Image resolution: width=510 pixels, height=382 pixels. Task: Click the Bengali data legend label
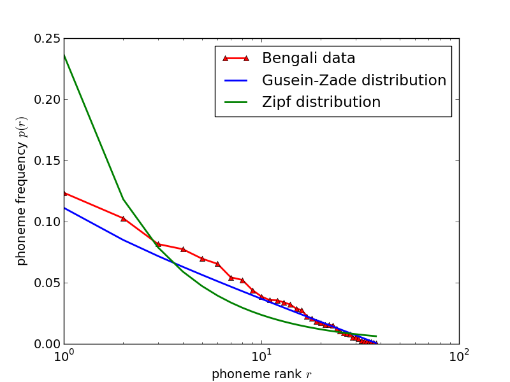pos(309,59)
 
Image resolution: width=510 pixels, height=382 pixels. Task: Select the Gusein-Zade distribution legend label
pos(354,81)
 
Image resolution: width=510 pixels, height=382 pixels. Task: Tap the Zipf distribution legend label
pos(321,103)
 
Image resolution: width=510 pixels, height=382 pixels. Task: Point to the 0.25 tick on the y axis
pos(48,39)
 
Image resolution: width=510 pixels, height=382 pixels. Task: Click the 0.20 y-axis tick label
pos(48,100)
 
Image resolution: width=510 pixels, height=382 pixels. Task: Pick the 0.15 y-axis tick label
pos(48,161)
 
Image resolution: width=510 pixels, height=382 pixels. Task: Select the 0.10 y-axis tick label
pos(48,222)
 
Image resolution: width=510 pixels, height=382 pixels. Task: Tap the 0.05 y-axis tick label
pos(48,283)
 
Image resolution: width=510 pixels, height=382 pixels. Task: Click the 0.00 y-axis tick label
pos(48,344)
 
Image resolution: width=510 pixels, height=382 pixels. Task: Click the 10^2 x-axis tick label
pos(459,357)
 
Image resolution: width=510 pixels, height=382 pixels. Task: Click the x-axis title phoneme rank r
pos(261,374)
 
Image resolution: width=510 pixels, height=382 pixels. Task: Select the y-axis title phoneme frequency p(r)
pos(22,191)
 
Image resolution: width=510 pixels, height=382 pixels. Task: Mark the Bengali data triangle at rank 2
pos(123,218)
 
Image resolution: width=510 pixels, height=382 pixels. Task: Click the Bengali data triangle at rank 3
pos(158,244)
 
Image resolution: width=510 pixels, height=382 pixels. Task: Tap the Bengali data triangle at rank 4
pos(183,249)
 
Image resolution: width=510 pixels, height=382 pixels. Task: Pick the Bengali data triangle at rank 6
pos(217,264)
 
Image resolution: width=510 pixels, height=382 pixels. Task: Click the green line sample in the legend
pos(235,103)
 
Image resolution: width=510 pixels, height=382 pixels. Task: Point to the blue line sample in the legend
pos(235,81)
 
